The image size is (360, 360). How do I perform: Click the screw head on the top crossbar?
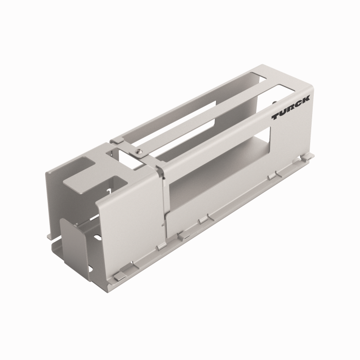click(138, 151)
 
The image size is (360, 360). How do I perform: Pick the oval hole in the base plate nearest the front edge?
click(89, 268)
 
